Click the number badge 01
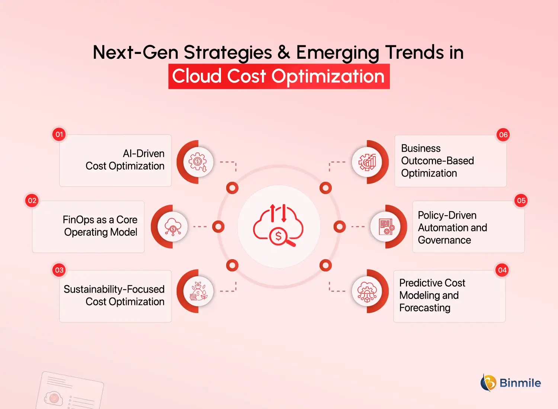pyautogui.click(x=59, y=134)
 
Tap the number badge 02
pyautogui.click(x=32, y=201)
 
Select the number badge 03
pyautogui.click(x=59, y=270)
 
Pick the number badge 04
pyautogui.click(x=502, y=270)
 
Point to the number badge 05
pyautogui.click(x=521, y=201)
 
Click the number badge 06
pyautogui.click(x=503, y=135)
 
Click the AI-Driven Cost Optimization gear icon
pyautogui.click(x=198, y=162)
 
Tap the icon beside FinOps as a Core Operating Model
pyautogui.click(x=173, y=226)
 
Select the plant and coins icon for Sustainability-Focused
pyautogui.click(x=198, y=291)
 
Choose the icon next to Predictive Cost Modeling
pyautogui.click(x=367, y=291)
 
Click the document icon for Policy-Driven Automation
pyautogui.click(x=386, y=226)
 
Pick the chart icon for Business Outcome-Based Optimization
pyautogui.click(x=367, y=162)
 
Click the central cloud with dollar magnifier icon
pyautogui.click(x=279, y=226)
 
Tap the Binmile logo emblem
pyautogui.click(x=488, y=383)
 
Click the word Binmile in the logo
pyautogui.click(x=520, y=383)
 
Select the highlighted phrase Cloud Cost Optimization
pyautogui.click(x=279, y=76)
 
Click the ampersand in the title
pyautogui.click(x=283, y=52)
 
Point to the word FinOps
pyautogui.click(x=78, y=220)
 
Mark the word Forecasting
pyautogui.click(x=424, y=308)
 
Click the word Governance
pyautogui.click(x=444, y=240)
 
